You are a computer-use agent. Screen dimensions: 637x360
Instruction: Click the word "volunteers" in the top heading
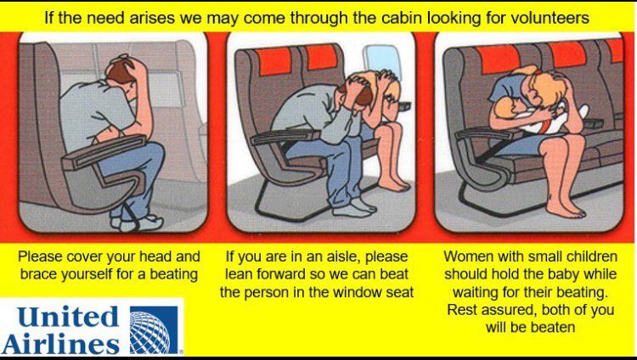549,18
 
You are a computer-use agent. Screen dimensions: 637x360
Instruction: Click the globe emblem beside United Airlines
154,329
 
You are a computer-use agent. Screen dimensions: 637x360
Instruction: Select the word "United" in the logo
68,317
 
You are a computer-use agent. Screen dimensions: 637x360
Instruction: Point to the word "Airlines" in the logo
61,344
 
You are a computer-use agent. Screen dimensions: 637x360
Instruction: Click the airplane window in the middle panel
382,62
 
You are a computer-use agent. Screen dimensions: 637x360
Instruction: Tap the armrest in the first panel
104,152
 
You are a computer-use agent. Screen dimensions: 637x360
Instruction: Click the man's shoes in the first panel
138,222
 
